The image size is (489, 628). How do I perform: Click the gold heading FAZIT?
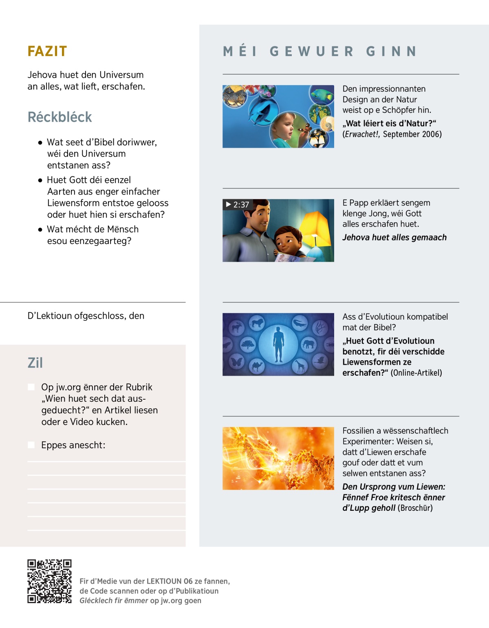point(47,51)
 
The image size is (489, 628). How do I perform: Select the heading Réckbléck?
point(59,117)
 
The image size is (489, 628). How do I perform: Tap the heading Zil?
point(35,363)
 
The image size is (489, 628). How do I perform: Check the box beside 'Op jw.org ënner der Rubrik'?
point(31,387)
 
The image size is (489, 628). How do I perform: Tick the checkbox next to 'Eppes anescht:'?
point(31,445)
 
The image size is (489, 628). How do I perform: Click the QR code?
point(49,581)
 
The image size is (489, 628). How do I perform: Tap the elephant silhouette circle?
point(308,344)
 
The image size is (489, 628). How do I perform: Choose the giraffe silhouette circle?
point(300,366)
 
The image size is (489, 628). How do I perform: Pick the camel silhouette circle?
point(257,366)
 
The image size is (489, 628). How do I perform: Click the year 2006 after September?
point(432,134)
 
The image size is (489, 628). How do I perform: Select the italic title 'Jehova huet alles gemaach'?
point(394,238)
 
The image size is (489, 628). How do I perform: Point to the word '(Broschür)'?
point(415,508)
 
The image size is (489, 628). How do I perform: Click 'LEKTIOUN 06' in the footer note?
point(169,581)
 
